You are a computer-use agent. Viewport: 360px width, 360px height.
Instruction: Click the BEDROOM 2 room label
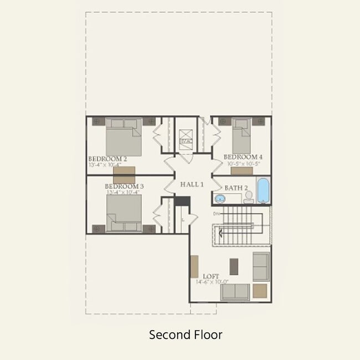pos(107,159)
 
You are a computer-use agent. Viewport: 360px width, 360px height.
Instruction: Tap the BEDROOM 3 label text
pos(124,187)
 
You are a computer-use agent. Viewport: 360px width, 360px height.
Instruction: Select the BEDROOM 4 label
pos(243,157)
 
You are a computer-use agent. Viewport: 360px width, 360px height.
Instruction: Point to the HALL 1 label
pos(192,184)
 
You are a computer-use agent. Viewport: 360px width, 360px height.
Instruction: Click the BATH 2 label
pos(235,188)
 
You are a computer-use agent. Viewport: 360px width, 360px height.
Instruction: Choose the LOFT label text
pos(211,276)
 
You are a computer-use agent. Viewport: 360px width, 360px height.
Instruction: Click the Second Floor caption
pos(185,335)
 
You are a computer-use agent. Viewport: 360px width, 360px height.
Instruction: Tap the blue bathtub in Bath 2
pos(263,191)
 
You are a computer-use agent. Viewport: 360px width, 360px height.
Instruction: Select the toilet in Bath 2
pos(249,197)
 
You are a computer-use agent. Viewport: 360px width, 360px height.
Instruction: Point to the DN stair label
pos(216,213)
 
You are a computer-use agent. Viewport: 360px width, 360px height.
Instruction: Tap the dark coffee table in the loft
pos(234,266)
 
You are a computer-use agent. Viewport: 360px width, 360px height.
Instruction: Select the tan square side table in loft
pos(260,291)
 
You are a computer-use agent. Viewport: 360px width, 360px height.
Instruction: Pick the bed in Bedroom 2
pos(124,137)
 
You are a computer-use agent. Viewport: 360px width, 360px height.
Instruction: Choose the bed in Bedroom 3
pos(124,213)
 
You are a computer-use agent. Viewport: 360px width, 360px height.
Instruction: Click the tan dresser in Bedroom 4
pos(242,171)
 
